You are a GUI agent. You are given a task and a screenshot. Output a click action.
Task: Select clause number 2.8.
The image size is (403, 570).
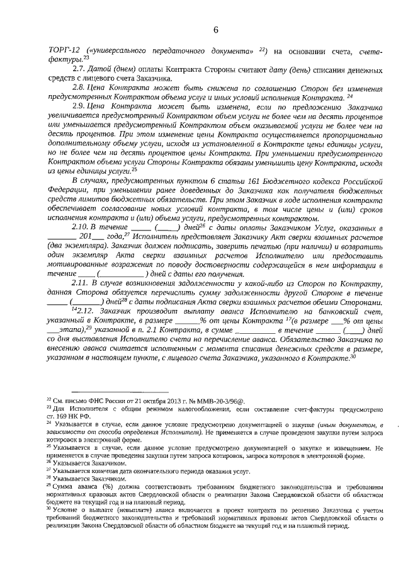click(x=80, y=88)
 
